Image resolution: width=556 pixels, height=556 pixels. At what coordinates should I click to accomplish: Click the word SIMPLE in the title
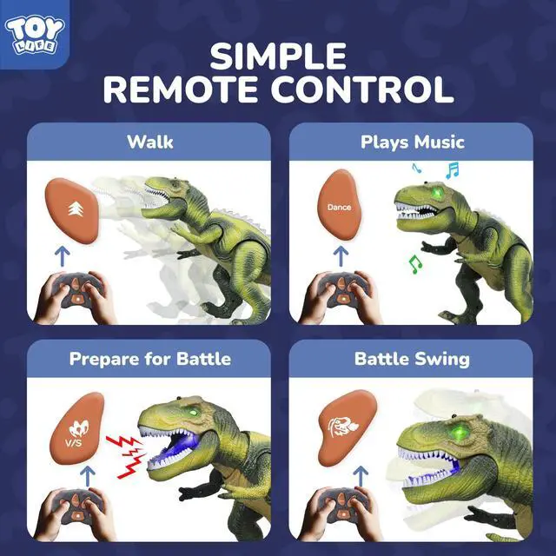pyautogui.click(x=278, y=57)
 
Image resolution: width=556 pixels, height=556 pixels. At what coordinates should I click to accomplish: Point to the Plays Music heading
pyautogui.click(x=413, y=142)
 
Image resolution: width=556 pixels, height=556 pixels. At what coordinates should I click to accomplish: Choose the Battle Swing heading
pyautogui.click(x=413, y=358)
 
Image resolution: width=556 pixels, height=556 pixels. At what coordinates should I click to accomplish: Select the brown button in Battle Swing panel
pyautogui.click(x=340, y=427)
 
